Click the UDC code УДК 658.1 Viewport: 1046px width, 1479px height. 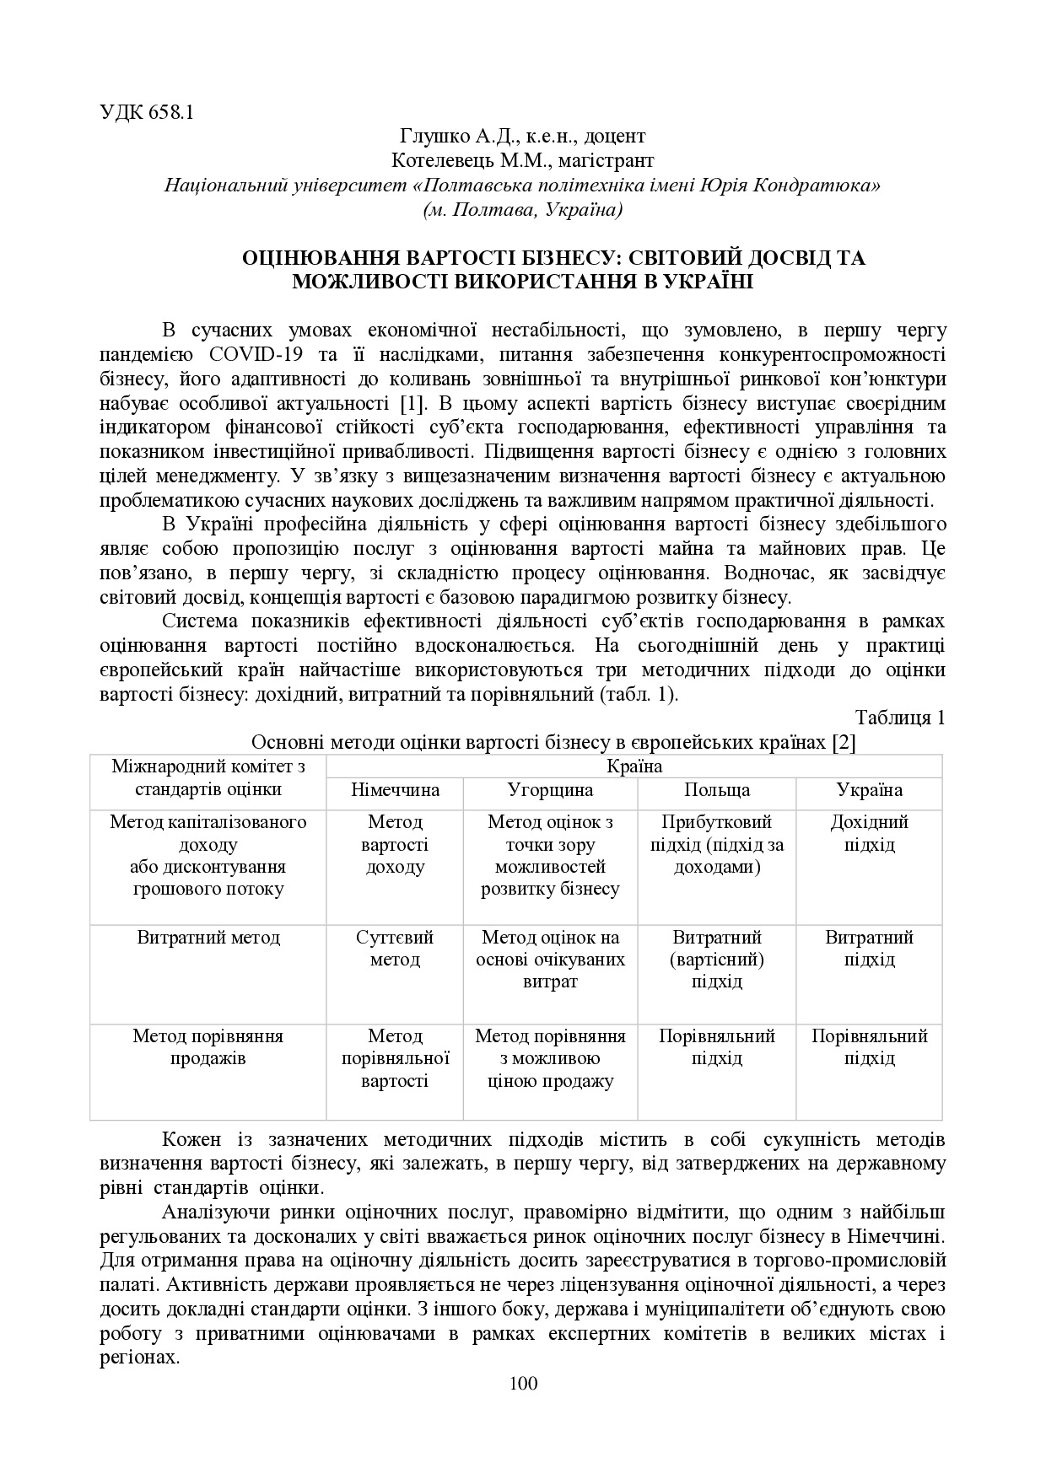pos(147,112)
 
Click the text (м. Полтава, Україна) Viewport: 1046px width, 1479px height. pos(522,209)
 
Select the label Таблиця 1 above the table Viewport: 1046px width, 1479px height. pos(899,718)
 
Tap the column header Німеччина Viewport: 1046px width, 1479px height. pos(395,790)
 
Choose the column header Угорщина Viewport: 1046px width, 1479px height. pos(550,790)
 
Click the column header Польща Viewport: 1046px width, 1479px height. pos(716,790)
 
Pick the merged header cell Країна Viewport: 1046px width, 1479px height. pos(634,766)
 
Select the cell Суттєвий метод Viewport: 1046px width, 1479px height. pos(395,948)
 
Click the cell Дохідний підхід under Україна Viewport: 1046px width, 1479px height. pos(869,833)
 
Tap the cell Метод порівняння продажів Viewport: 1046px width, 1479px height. pos(208,1046)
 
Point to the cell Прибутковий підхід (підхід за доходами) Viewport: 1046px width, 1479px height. pos(716,844)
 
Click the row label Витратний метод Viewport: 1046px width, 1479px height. pos(208,938)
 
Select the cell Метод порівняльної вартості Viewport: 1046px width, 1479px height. pos(395,1057)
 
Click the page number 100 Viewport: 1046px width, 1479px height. pos(523,1383)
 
